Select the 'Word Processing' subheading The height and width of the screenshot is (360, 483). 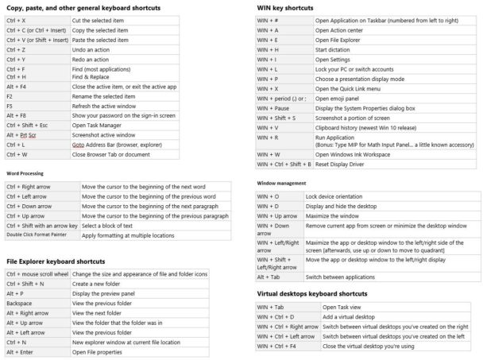click(25, 172)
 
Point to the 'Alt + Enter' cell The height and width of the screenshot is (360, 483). click(21, 352)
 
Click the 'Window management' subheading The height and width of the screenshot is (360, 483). click(282, 183)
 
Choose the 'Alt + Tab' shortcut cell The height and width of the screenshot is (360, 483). click(269, 277)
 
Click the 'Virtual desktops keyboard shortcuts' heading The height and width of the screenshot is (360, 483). click(311, 293)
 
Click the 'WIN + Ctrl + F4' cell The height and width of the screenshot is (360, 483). click(276, 346)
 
